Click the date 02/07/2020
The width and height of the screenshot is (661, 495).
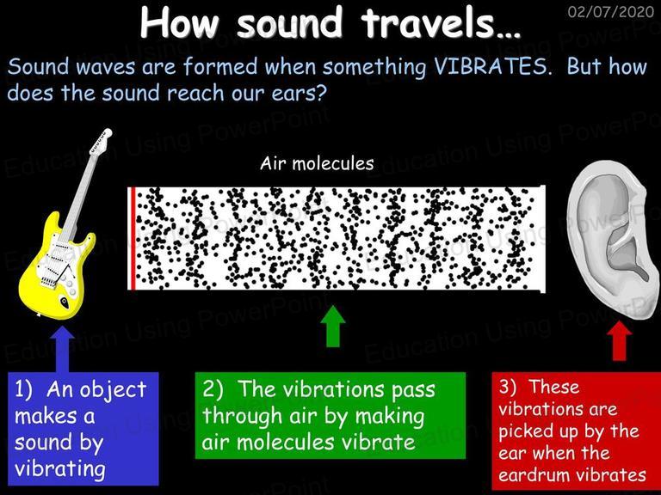(611, 11)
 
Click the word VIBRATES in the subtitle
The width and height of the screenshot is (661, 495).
(492, 67)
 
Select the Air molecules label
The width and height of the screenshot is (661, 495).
(317, 163)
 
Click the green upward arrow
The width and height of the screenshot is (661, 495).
(333, 327)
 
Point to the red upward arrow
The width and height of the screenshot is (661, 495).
(620, 340)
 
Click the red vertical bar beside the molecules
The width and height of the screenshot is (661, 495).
(133, 239)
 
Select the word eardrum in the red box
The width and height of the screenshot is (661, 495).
(532, 475)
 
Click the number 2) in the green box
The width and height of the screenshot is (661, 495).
(213, 390)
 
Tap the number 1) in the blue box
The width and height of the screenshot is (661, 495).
(23, 390)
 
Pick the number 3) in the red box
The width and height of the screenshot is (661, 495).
(508, 387)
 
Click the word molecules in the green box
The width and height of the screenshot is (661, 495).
(286, 443)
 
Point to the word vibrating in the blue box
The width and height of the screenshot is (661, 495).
(60, 469)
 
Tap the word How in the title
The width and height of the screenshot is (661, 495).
(179, 23)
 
